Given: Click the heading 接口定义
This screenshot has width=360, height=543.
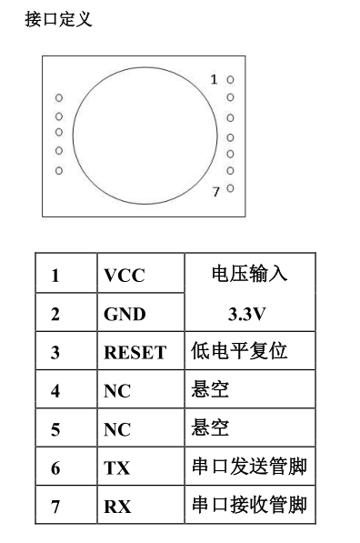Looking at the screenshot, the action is tap(58, 19).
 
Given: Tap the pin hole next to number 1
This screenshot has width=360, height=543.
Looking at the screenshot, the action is tap(230, 80).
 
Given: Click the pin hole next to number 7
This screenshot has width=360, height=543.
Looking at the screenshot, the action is tap(230, 188).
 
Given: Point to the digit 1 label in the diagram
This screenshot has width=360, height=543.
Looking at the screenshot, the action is tap(214, 80).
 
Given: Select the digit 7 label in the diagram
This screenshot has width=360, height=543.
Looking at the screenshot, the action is tap(216, 192).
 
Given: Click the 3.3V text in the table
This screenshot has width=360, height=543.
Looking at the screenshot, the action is tap(246, 315).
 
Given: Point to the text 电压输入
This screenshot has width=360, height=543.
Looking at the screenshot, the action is tap(249, 273).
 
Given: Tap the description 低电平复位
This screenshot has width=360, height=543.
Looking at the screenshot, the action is tap(239, 350).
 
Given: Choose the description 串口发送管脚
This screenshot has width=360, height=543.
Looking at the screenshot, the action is tap(250, 466).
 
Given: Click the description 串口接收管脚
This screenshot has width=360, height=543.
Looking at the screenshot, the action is tap(250, 505).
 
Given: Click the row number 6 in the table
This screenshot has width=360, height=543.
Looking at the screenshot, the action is tap(55, 468).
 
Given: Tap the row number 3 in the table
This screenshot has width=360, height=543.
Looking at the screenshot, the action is tap(55, 353).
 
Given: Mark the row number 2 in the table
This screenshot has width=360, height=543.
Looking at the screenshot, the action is tap(55, 315).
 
